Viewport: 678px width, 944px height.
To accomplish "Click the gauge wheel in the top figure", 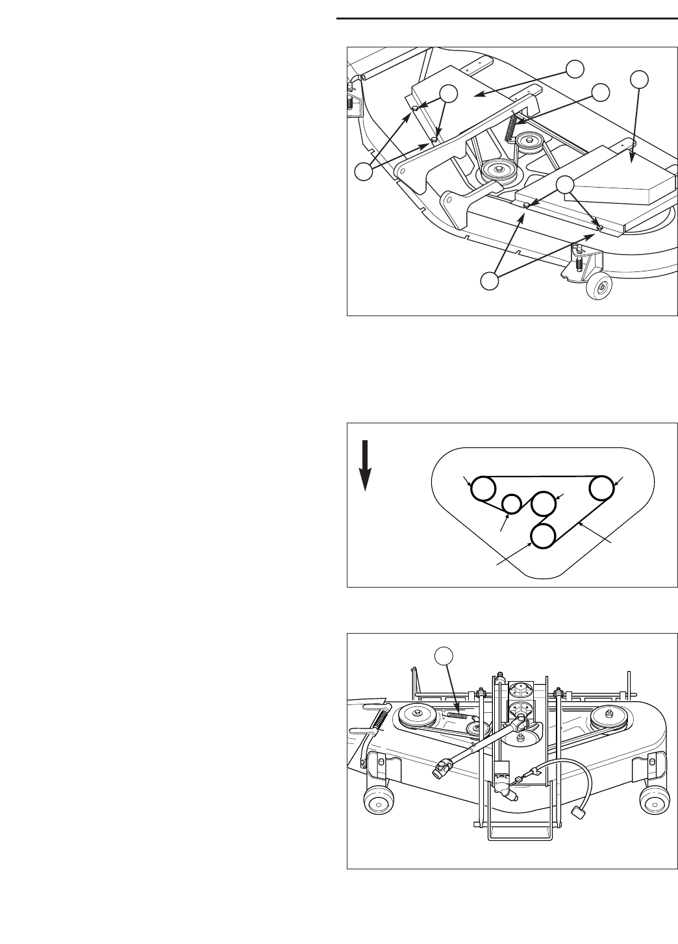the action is (598, 286).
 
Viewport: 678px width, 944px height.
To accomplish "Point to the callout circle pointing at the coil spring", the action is (600, 92).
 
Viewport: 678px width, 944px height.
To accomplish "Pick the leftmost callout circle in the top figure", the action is (365, 171).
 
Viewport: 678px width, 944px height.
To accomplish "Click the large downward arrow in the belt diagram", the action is (366, 466).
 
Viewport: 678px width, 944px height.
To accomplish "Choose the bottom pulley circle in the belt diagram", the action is (544, 536).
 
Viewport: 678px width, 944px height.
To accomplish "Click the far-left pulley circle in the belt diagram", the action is (483, 489).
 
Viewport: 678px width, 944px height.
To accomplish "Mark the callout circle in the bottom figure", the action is (444, 656).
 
